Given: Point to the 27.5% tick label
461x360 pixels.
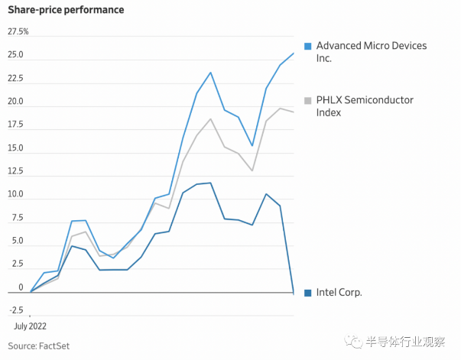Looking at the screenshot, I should click(18, 32).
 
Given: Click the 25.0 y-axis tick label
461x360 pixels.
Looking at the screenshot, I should click(16, 56).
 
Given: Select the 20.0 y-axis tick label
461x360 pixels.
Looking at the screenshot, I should click(16, 102).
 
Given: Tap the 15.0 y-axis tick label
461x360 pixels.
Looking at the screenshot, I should click(16, 148).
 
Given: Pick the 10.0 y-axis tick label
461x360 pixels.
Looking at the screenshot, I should click(16, 195).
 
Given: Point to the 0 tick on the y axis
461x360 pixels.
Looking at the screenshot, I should click(11, 288).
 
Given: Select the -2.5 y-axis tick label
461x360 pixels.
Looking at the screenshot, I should click(16, 311).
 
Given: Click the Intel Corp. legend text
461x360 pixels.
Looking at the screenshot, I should click(339, 293).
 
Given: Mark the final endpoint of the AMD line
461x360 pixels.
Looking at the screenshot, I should click(294, 53).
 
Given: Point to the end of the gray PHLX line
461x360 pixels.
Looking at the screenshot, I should click(294, 112).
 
